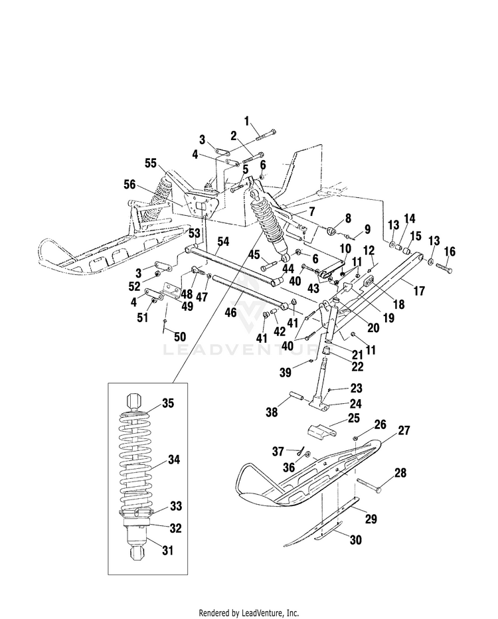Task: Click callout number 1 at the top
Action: (x=247, y=121)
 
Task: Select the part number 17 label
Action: (x=419, y=291)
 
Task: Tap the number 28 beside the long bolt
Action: (x=400, y=472)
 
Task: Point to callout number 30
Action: (x=356, y=539)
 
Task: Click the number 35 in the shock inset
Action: (x=168, y=403)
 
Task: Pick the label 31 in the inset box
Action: (x=168, y=550)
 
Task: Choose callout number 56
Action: (x=129, y=185)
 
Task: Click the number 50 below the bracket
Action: (x=180, y=337)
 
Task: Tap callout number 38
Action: (x=272, y=412)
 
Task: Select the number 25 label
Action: (x=354, y=418)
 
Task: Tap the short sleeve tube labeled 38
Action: (x=297, y=396)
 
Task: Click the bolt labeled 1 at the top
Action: (x=266, y=135)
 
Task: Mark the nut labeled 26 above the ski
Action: (x=355, y=438)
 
